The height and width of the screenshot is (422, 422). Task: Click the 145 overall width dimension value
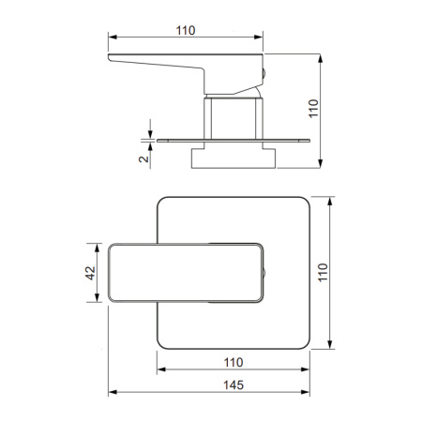tap(234, 385)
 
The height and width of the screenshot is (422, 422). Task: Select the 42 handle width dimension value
tap(90, 273)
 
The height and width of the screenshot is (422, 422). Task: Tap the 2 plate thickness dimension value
tap(143, 158)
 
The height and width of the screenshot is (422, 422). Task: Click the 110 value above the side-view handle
tap(186, 30)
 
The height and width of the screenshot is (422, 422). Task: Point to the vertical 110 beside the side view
tap(313, 109)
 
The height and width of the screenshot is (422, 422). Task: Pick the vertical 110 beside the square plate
tap(323, 273)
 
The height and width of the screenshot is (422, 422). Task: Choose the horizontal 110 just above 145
tap(234, 362)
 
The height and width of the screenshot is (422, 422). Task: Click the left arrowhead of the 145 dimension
tap(113, 392)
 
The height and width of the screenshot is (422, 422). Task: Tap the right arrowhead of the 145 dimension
tap(306, 392)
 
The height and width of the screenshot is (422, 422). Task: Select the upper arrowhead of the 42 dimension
tap(97, 248)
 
